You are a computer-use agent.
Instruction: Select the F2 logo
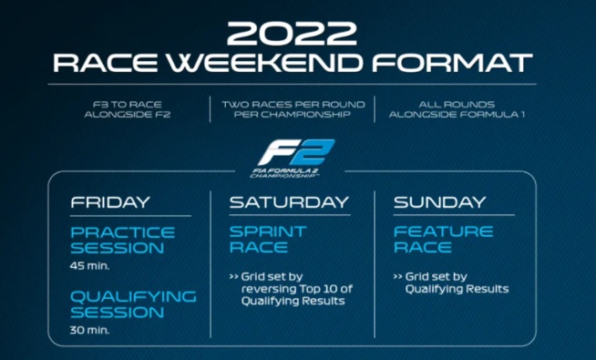[x=297, y=151]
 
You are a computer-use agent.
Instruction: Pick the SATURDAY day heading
[x=289, y=201]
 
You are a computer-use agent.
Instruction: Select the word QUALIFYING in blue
[x=133, y=295]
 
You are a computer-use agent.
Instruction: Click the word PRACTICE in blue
[x=122, y=231]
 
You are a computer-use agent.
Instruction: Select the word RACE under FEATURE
[x=423, y=248]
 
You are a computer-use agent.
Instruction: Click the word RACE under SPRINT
[x=259, y=248]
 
